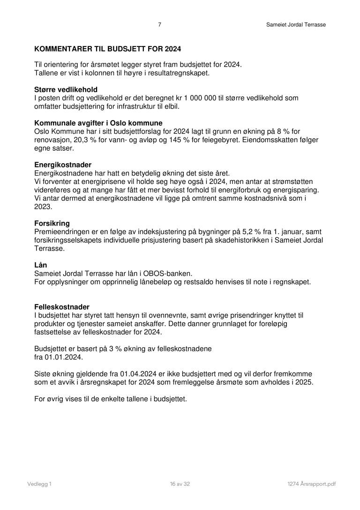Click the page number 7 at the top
[160, 25]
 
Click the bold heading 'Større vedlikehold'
[66, 90]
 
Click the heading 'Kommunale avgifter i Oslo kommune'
[98, 123]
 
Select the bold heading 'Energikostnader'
[63, 165]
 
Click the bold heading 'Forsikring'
[52, 224]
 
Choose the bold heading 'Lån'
[41, 265]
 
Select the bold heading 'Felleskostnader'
[62, 307]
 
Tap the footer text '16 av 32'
[180, 484]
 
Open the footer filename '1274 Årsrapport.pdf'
[312, 484]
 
